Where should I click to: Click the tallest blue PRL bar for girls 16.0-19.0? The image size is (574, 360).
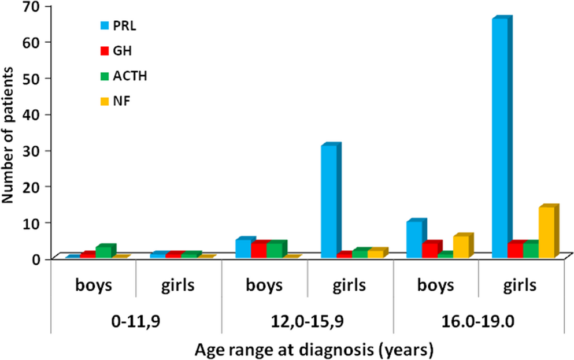pos(501,139)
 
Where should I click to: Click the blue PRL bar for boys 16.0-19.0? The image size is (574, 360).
pos(414,239)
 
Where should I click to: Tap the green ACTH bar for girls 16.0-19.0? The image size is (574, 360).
pos(530,250)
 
